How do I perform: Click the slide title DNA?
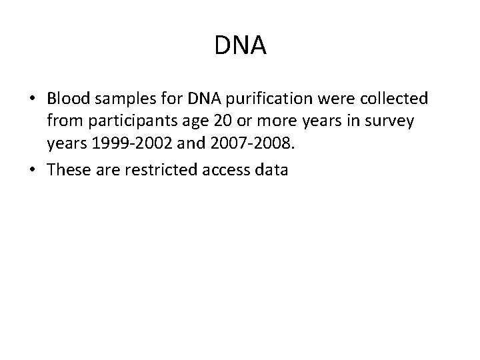click(241, 46)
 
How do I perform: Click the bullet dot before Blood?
click(31, 100)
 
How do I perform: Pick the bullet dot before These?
click(31, 171)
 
